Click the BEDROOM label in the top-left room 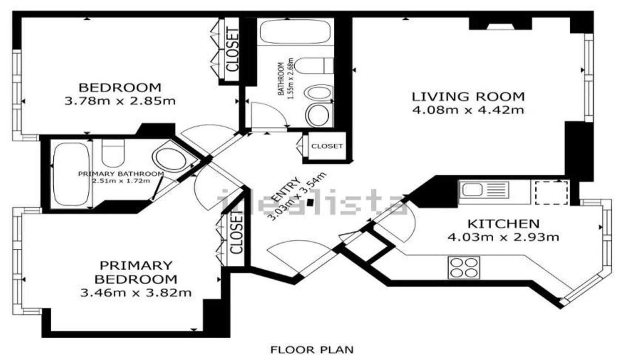[x=120, y=87]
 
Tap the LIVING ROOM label [x=468, y=97]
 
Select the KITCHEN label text [x=504, y=224]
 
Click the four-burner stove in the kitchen [x=464, y=268]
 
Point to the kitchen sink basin [x=472, y=190]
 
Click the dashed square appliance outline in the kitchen [x=552, y=192]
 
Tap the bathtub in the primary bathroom [x=71, y=174]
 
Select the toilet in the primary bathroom [x=113, y=153]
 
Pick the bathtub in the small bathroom [x=295, y=31]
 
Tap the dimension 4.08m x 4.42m [x=468, y=110]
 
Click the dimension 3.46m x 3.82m [x=136, y=293]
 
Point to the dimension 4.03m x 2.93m [x=503, y=237]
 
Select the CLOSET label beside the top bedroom [x=232, y=50]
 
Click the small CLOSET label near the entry [x=327, y=146]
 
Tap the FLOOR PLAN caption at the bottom [x=312, y=350]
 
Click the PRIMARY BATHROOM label [x=121, y=174]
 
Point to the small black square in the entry [x=311, y=202]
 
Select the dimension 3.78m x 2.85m [x=120, y=101]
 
